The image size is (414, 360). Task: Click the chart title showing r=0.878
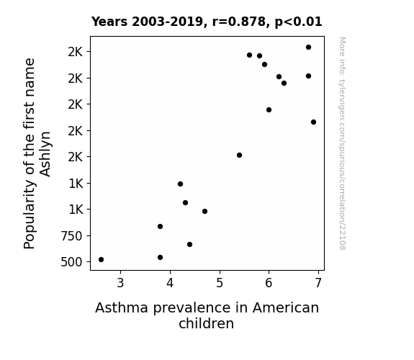point(207,22)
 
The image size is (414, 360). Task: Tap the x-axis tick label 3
point(120,283)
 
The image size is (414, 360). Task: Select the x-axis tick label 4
point(170,283)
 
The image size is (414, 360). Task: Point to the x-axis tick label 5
point(220,283)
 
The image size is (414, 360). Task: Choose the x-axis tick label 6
point(269,283)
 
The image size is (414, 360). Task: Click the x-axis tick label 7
point(318,283)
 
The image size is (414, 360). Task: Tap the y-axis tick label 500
point(71,262)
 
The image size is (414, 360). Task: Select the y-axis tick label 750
point(71,236)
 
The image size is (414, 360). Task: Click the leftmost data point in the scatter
point(101,260)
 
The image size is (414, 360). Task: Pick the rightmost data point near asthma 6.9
point(313,122)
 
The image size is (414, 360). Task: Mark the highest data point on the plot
point(308,48)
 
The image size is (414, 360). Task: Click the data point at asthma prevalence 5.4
point(239,155)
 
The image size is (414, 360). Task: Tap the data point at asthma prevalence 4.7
point(204,211)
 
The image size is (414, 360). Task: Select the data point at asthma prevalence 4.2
point(180,184)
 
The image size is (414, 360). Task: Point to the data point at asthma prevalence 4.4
point(189,245)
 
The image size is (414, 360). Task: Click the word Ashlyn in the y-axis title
point(45,154)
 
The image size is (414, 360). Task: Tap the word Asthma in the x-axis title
point(122,308)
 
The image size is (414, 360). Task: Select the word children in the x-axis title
point(206,323)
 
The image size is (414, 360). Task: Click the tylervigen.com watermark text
point(342,143)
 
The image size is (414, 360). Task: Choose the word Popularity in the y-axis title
point(29,215)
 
